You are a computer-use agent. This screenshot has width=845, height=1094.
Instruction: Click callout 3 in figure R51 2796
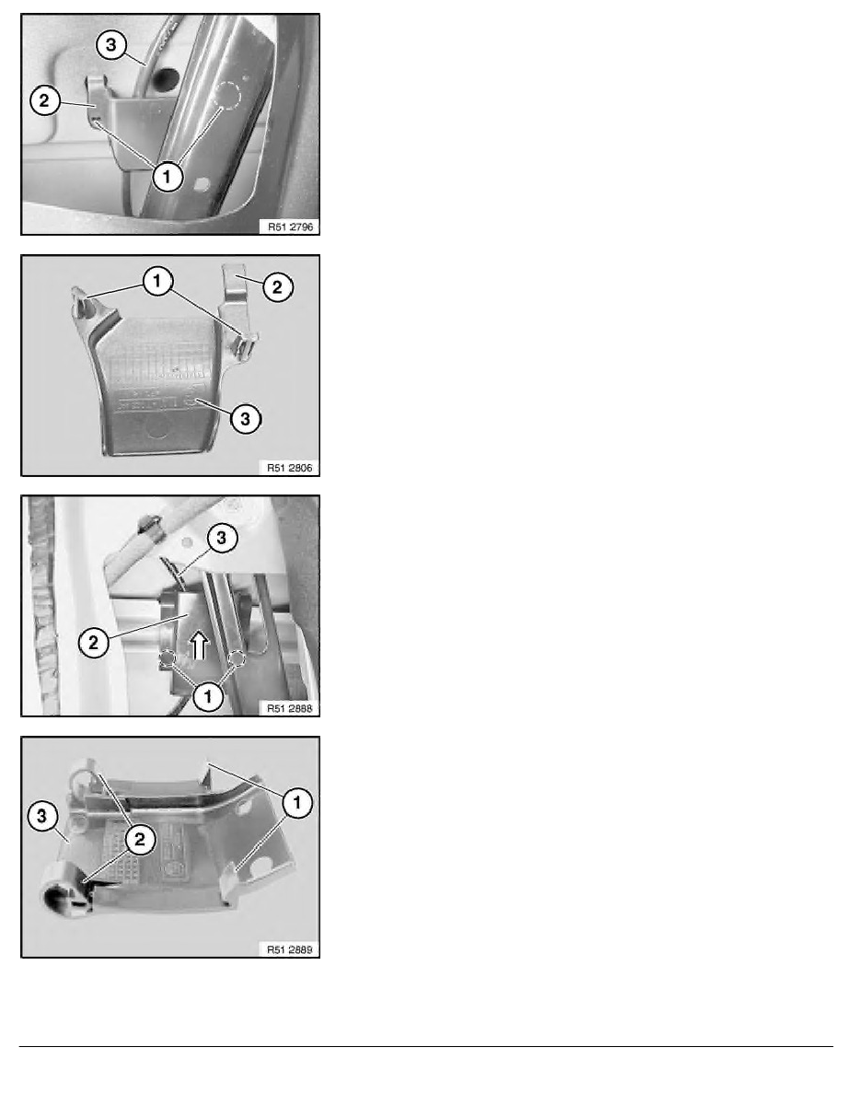click(110, 46)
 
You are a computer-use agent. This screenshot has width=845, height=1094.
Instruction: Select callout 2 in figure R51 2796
click(44, 100)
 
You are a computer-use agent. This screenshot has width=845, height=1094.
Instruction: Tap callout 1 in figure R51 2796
click(167, 177)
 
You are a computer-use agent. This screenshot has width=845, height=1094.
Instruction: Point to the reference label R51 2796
click(290, 227)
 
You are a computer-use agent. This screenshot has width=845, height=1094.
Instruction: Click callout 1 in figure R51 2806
click(156, 281)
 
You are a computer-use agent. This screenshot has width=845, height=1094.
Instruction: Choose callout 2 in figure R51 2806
click(277, 286)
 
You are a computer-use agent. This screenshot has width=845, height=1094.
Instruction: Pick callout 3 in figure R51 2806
click(245, 419)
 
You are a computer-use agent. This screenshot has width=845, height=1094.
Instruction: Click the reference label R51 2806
click(290, 468)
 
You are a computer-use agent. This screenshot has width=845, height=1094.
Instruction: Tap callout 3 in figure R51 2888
click(222, 538)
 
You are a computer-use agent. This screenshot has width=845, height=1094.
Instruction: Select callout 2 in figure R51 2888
click(94, 643)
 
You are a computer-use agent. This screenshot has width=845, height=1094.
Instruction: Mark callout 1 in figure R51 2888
click(208, 696)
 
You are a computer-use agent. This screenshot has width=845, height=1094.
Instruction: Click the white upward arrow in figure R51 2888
click(200, 646)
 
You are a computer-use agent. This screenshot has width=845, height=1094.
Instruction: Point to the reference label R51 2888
click(290, 708)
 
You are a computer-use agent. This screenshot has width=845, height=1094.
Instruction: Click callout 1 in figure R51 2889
click(297, 802)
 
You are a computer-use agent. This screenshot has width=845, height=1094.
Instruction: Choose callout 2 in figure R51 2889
click(139, 839)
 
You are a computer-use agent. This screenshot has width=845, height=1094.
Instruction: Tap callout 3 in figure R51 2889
click(42, 816)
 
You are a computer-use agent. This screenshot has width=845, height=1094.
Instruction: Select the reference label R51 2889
click(290, 949)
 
